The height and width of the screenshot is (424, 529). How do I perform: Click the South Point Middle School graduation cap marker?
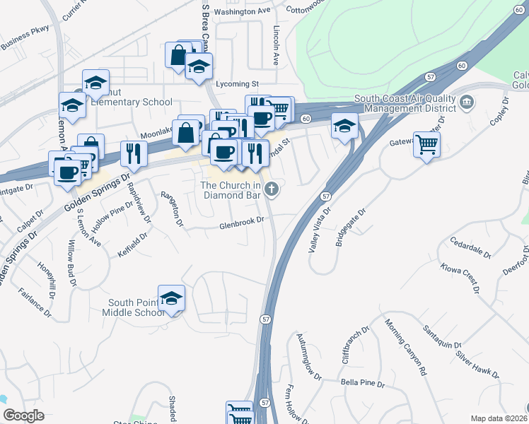[171, 298]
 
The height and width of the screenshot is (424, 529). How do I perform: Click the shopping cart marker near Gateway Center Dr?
[426, 145]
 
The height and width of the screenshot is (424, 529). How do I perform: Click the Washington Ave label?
[243, 12]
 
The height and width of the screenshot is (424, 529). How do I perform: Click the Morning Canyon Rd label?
[407, 347]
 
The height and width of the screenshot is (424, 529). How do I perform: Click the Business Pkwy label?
[25, 40]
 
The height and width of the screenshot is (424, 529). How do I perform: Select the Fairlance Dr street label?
[35, 301]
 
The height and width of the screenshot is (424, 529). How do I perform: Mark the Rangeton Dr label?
[172, 210]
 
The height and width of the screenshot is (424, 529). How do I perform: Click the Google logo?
[23, 416]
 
